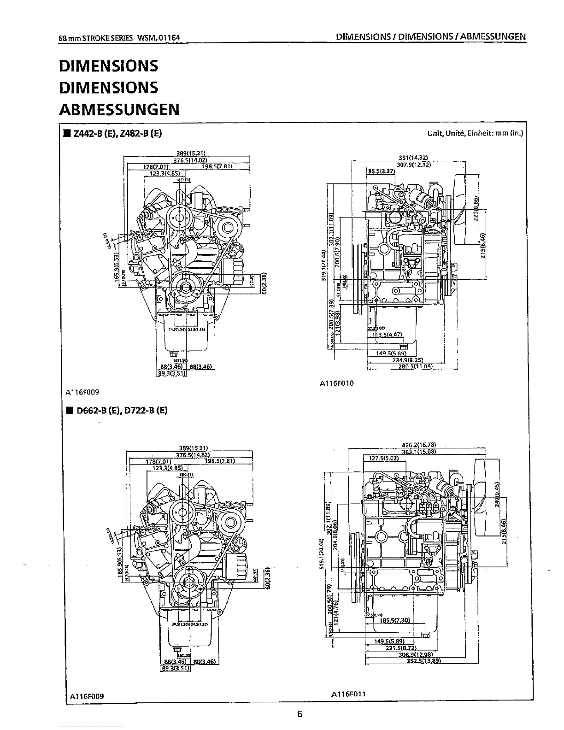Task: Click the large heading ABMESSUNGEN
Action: [119, 110]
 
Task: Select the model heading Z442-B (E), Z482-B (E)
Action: [116, 134]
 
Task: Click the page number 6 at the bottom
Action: [300, 714]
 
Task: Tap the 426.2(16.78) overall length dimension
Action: [419, 445]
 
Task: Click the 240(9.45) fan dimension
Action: [497, 495]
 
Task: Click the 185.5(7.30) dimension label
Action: [394, 620]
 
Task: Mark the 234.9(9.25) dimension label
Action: [408, 360]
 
